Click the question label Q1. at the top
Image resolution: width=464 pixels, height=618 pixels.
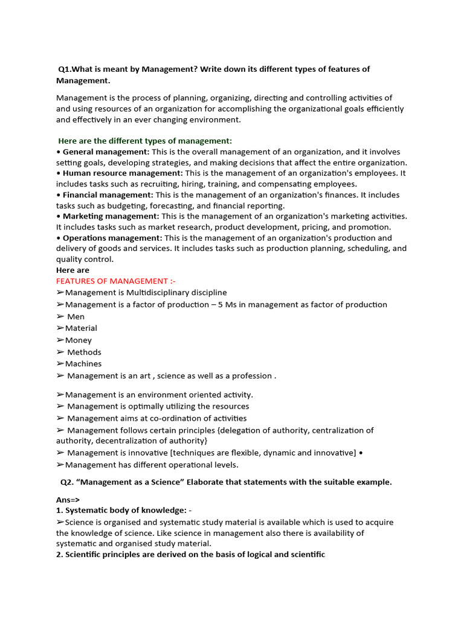coord(65,69)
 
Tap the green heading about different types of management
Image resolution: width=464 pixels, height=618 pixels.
coord(144,141)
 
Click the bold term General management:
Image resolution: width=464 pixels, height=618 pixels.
coord(106,152)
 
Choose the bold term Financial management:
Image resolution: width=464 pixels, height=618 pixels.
coord(108,196)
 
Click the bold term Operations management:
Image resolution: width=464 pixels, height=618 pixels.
coord(112,238)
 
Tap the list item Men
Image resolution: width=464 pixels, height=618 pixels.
coord(76,317)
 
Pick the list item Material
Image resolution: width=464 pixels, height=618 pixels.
coord(81,328)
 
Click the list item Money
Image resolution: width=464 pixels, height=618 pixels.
coord(79,340)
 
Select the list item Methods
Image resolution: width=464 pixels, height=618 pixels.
coord(84,352)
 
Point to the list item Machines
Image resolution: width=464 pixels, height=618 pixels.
coord(83,364)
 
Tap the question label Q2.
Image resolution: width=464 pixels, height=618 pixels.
coord(67,482)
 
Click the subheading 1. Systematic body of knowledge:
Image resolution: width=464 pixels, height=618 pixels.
coord(121,511)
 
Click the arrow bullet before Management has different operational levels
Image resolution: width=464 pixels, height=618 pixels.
coord(60,465)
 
